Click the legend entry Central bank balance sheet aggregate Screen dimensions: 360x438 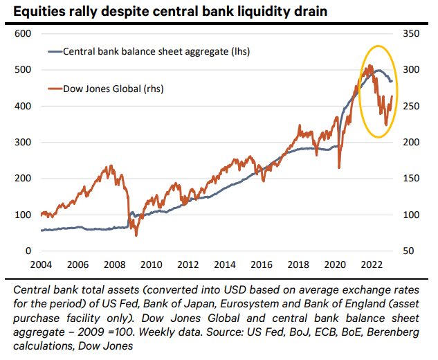pos(156,51)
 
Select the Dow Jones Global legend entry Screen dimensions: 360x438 pos(113,89)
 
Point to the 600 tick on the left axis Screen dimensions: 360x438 pos(24,34)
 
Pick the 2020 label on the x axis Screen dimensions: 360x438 pos(335,264)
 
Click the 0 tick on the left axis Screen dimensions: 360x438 pos(28,251)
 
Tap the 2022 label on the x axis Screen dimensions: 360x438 pos(372,264)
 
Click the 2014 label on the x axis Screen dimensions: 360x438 pos(224,264)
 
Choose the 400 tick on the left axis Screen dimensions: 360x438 pos(24,106)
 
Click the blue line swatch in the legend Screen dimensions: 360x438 pos(54,51)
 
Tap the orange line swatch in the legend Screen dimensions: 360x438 pos(54,89)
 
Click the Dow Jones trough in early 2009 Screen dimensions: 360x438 pos(136,234)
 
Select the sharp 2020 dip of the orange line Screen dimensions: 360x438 pos(339,167)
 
